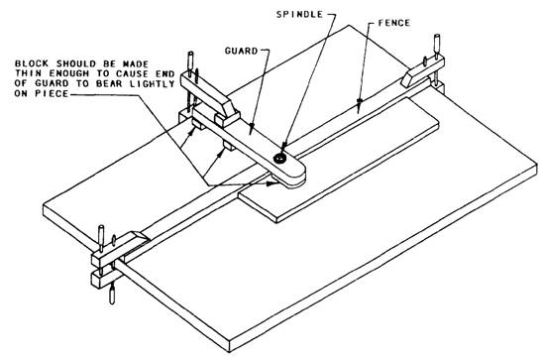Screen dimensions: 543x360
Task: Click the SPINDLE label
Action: tap(299, 14)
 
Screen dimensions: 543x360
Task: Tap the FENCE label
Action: tap(394, 23)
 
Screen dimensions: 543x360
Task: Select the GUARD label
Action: tap(242, 51)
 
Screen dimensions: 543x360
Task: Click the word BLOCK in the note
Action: tap(32, 63)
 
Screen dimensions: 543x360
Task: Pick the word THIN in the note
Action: tap(28, 73)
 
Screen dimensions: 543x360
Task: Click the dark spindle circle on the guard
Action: tap(279, 159)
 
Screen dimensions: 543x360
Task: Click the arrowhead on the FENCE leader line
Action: tap(360, 101)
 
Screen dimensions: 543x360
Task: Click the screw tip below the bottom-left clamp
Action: tap(112, 297)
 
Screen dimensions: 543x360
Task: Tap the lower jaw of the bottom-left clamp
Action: tap(104, 279)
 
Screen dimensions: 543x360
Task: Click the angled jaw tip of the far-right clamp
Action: tap(409, 79)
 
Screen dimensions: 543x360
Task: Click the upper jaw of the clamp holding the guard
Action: tap(209, 95)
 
